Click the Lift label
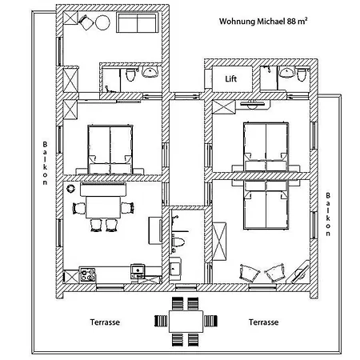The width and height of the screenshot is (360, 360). click(x=231, y=79)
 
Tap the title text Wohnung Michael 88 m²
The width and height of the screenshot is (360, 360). click(x=263, y=21)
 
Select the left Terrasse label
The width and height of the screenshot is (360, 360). click(x=105, y=322)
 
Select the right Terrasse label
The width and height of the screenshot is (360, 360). click(x=263, y=322)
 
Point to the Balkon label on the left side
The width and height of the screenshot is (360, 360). click(x=45, y=163)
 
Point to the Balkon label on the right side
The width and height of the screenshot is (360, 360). click(x=328, y=214)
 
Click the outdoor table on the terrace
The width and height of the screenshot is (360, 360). click(x=186, y=322)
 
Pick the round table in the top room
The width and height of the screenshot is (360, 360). click(x=102, y=22)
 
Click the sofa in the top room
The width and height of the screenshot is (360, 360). click(x=138, y=23)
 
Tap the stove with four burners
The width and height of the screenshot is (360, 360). click(x=88, y=274)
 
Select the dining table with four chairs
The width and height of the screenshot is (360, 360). click(x=103, y=207)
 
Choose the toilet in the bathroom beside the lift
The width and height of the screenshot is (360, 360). click(x=301, y=74)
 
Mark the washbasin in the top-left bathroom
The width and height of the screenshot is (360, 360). click(x=150, y=72)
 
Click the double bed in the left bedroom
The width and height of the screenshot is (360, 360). click(x=110, y=150)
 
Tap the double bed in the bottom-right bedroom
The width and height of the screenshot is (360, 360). click(x=266, y=206)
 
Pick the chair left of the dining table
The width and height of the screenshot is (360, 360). click(x=79, y=208)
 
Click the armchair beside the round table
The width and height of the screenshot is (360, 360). click(x=86, y=22)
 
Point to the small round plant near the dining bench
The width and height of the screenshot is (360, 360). click(x=71, y=189)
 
